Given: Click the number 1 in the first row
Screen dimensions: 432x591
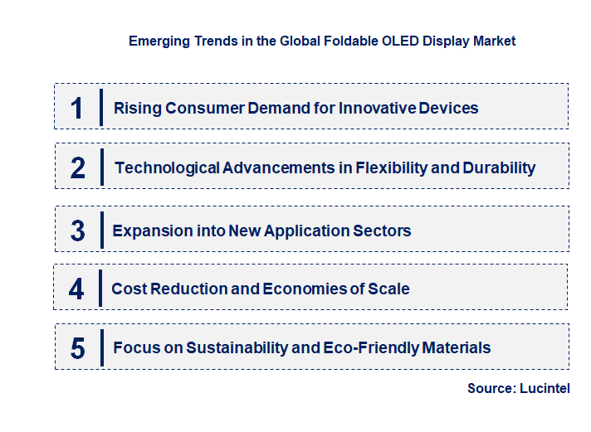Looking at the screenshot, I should click(77, 108).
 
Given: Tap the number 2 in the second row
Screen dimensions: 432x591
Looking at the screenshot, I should click(78, 168).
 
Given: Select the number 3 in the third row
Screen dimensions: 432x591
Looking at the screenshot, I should click(78, 231).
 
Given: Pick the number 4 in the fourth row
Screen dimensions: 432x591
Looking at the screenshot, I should click(77, 289).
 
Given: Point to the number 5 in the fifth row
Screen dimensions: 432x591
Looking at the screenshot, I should click(78, 348).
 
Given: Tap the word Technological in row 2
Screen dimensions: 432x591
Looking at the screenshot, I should click(167, 168).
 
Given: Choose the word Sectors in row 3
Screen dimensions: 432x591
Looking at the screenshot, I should click(383, 231).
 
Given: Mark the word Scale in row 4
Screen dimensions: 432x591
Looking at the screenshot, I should click(388, 289).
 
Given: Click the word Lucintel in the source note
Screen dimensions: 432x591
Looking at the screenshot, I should click(545, 388).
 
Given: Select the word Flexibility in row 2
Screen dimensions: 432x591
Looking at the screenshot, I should click(391, 168).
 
